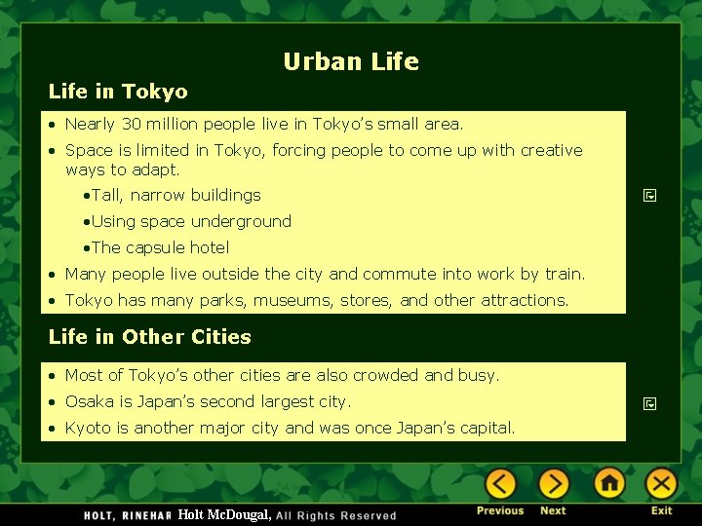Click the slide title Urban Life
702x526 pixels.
pyautogui.click(x=351, y=62)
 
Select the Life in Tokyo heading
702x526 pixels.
pyautogui.click(x=118, y=92)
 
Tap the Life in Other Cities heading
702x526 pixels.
pyautogui.click(x=149, y=337)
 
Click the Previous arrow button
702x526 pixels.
pyautogui.click(x=500, y=484)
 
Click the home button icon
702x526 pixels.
pyautogui.click(x=609, y=484)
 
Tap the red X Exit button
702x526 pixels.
pyautogui.click(x=661, y=484)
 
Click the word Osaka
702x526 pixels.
pyautogui.click(x=89, y=401)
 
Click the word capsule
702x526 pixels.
pyautogui.click(x=158, y=247)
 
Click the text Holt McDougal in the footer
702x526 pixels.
pyautogui.click(x=224, y=514)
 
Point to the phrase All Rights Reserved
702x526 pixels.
pyautogui.click(x=336, y=515)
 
